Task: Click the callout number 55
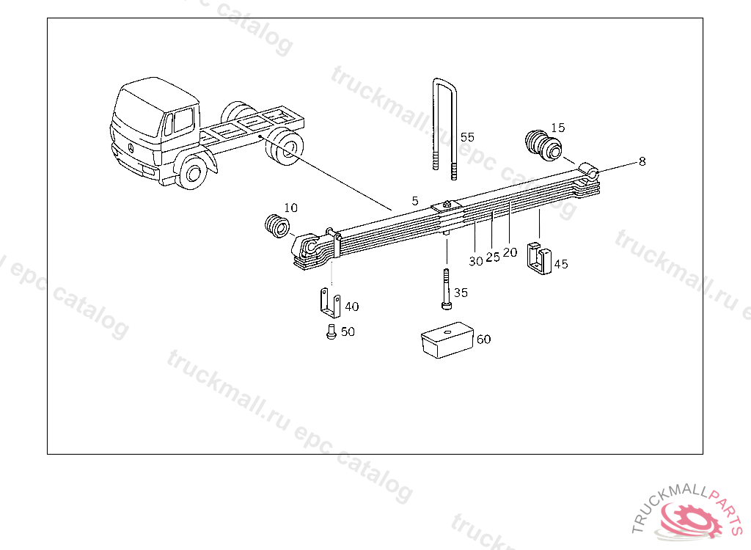click(x=467, y=137)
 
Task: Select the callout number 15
click(x=557, y=128)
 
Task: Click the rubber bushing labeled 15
click(x=543, y=146)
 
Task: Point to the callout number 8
click(x=642, y=161)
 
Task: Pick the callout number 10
click(x=290, y=208)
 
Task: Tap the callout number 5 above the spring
click(x=415, y=201)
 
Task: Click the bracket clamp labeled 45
click(x=539, y=259)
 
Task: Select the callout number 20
click(x=510, y=252)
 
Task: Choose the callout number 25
click(x=492, y=257)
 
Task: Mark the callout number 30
click(x=475, y=261)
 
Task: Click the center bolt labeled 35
click(x=447, y=289)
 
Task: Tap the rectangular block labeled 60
click(x=447, y=340)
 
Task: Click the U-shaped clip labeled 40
click(x=330, y=303)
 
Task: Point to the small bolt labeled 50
click(x=331, y=331)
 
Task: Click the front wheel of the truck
click(x=193, y=172)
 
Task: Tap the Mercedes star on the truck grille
click(x=131, y=148)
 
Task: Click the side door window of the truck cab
click(x=183, y=120)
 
